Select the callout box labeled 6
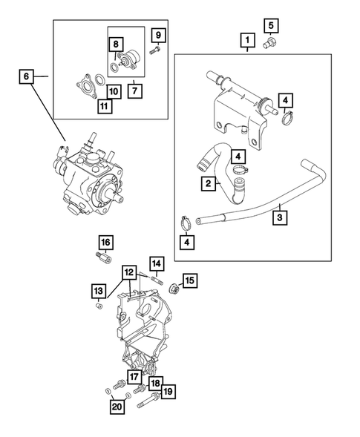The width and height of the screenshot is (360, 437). tap(24, 76)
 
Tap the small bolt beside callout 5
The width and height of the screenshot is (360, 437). tap(270, 45)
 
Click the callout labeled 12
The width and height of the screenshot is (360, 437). tap(130, 272)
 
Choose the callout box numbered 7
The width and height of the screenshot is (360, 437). tap(135, 91)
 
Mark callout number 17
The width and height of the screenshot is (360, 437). tap(134, 377)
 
